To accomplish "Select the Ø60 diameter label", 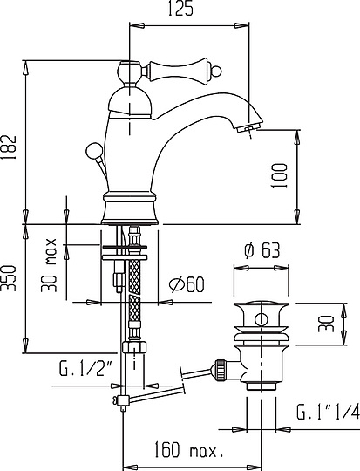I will point(187,285).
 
